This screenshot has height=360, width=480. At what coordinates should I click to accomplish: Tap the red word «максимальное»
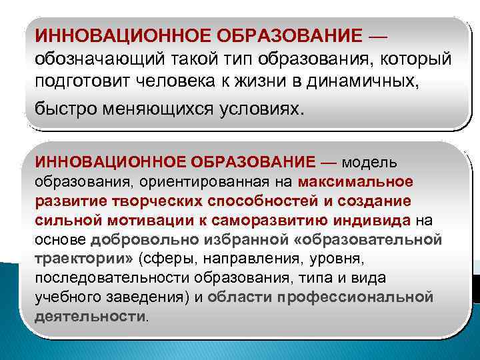pyautogui.click(x=356, y=182)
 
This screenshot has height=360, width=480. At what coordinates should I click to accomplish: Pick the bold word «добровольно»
pyautogui.click(x=137, y=239)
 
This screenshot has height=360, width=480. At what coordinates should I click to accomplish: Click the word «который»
pyautogui.click(x=418, y=59)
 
